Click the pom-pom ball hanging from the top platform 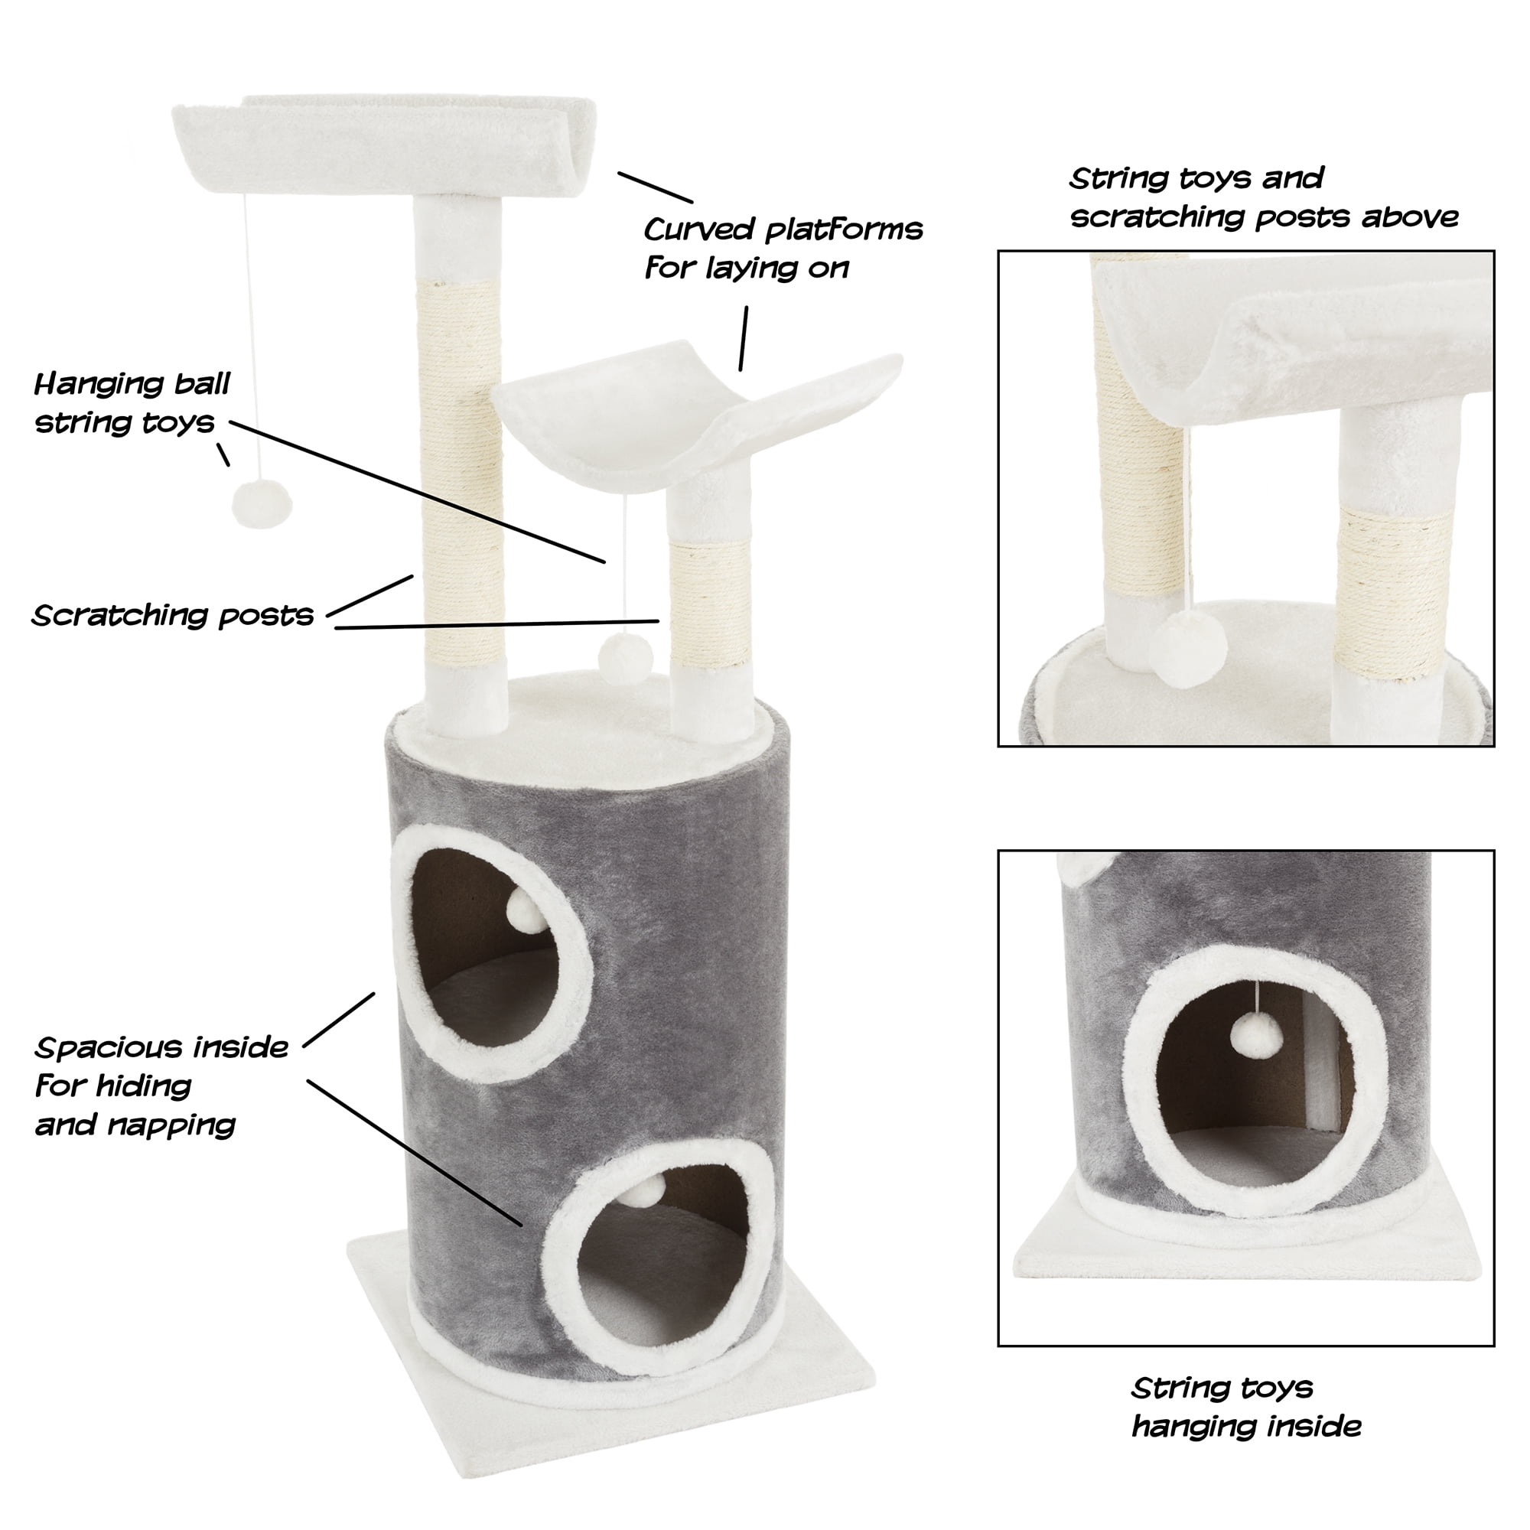(x=262, y=503)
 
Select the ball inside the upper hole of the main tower (x=526, y=910)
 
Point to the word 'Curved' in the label (x=698, y=229)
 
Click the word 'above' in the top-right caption (x=1410, y=216)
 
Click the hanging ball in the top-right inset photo (x=1190, y=649)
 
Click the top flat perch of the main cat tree (x=384, y=142)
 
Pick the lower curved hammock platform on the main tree (x=697, y=415)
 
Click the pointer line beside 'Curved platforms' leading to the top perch (x=656, y=187)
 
